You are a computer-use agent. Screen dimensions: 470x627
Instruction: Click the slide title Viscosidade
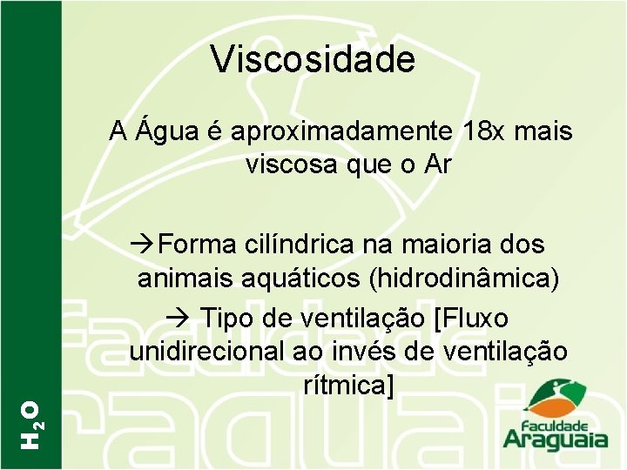click(x=313, y=59)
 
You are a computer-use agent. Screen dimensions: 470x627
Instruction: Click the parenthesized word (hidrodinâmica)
click(x=465, y=278)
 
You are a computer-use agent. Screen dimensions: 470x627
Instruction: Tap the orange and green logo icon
click(x=554, y=399)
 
